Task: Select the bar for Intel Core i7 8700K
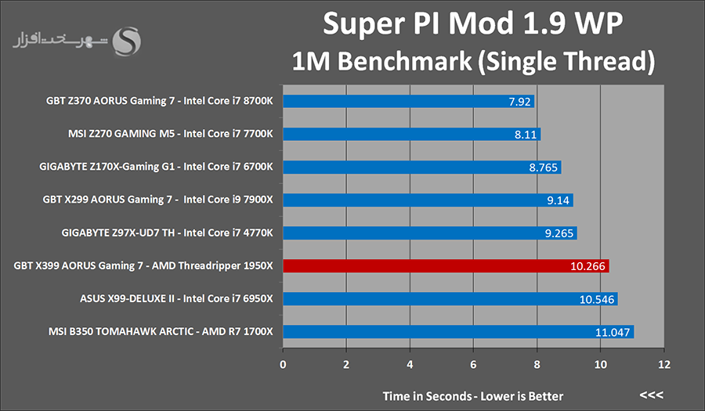(x=407, y=101)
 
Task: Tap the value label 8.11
(x=525, y=135)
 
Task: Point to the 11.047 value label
(x=613, y=333)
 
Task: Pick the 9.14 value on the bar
(x=559, y=200)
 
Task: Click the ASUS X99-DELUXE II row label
(x=176, y=299)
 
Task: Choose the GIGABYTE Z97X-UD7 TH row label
(x=167, y=233)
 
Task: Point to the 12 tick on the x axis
(x=663, y=365)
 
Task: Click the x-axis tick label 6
(x=473, y=365)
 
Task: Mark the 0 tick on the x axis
(x=283, y=365)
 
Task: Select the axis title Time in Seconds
(x=473, y=395)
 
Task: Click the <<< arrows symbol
(x=652, y=395)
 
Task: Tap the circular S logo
(x=127, y=41)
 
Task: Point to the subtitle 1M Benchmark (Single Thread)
(x=473, y=60)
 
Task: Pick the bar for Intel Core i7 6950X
(x=450, y=299)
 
